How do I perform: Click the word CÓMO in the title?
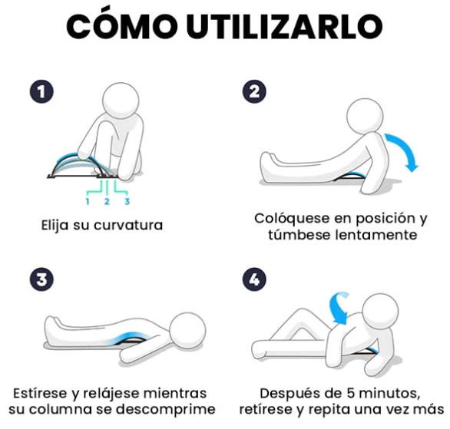[x=122, y=25]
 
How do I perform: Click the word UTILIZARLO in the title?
[x=285, y=26]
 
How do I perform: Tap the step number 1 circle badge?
[x=41, y=92]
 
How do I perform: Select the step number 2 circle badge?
[x=254, y=92]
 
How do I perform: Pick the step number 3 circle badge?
[x=41, y=279]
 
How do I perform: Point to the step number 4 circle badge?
[x=254, y=279]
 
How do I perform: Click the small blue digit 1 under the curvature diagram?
[x=88, y=201]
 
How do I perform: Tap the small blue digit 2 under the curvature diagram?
[x=107, y=201]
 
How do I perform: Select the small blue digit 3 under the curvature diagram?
[x=127, y=201]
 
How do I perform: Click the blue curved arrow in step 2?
[x=405, y=147]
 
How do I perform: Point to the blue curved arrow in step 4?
[x=337, y=309]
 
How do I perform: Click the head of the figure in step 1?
[x=121, y=101]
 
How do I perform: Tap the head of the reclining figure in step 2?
[x=365, y=117]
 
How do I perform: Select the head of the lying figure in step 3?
[x=187, y=331]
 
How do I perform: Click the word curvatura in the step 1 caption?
[x=128, y=225]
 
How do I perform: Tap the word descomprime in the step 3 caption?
[x=166, y=409]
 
